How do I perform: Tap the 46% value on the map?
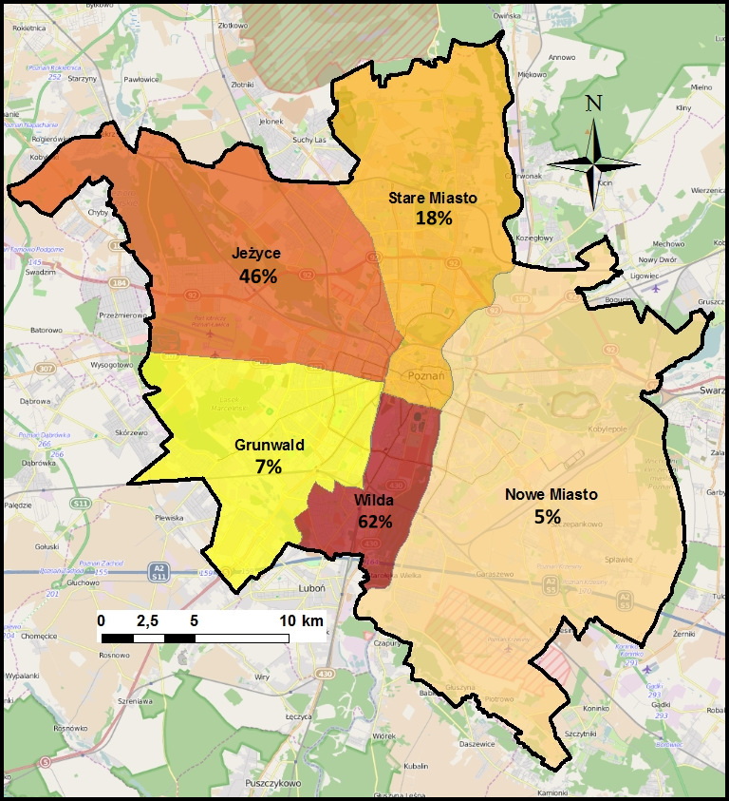tap(257, 277)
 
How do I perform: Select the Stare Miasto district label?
tap(433, 198)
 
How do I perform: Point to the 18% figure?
tap(434, 218)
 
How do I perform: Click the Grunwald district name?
tap(268, 445)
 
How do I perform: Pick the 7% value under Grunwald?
tap(268, 467)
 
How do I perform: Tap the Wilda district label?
tap(375, 500)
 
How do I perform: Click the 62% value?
tap(376, 521)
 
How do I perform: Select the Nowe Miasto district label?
tap(551, 495)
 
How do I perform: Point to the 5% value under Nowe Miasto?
tap(547, 517)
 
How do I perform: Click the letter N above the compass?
tap(593, 104)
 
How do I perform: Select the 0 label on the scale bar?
tap(101, 620)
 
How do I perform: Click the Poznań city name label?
tap(425, 375)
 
